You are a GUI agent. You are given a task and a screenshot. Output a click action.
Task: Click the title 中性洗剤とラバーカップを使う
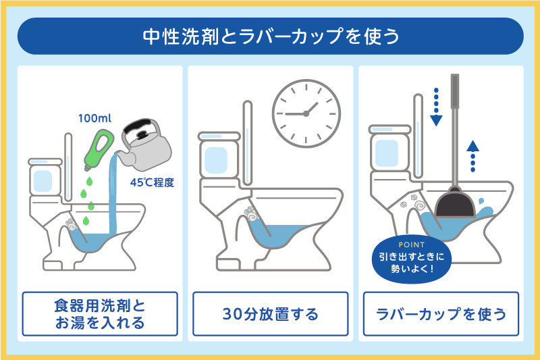click(270, 36)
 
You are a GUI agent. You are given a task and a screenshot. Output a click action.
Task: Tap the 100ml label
click(94, 119)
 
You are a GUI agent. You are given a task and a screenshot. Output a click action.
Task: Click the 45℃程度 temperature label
click(153, 180)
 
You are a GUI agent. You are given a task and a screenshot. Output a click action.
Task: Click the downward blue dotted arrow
click(436, 107)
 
